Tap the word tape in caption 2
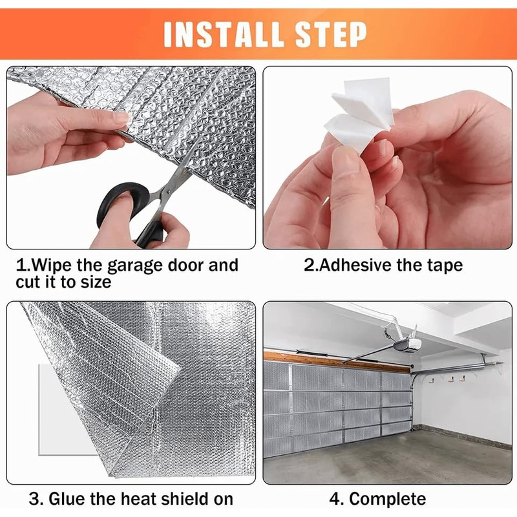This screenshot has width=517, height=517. click(444, 266)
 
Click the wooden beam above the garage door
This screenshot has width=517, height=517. click(336, 360)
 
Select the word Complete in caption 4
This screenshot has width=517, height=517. click(388, 499)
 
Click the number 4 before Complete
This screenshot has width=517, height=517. click(335, 499)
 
